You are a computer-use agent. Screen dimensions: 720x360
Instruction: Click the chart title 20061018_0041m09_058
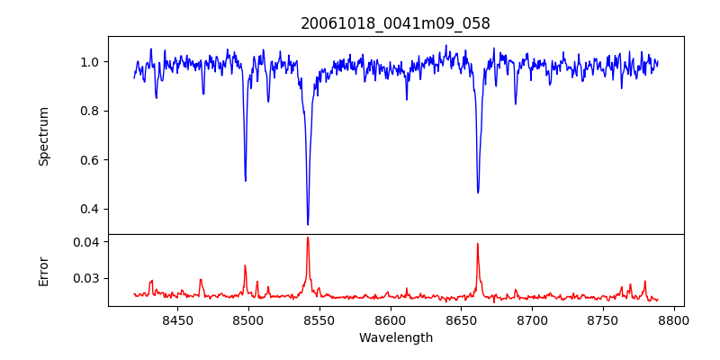pos(395,23)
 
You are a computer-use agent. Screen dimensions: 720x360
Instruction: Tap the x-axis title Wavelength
pos(396,338)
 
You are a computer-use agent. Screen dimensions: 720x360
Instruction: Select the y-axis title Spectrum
pos(43,137)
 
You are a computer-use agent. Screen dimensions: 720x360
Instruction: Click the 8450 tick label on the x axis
pos(177,319)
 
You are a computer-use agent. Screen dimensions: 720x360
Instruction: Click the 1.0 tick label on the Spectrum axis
pos(92,62)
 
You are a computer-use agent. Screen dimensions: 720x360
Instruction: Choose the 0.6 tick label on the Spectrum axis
pos(92,160)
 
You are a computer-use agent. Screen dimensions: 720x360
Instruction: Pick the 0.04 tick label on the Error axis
pos(88,241)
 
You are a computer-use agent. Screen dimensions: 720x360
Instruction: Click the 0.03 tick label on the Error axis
pos(88,279)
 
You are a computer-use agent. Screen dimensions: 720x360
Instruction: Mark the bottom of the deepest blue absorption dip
pos(308,224)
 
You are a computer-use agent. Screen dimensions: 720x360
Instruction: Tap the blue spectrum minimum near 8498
pos(246,181)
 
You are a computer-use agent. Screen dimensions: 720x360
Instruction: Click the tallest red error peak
pos(308,238)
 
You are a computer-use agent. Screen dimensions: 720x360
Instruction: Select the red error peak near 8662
pos(478,244)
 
